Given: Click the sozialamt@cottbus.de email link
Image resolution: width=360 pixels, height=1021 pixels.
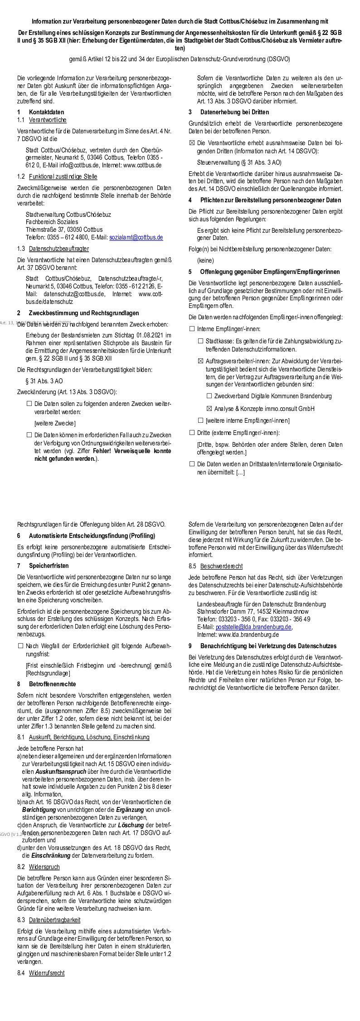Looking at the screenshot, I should pyautogui.click(x=136, y=237).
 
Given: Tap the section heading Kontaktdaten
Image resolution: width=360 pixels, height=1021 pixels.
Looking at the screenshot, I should pyautogui.click(x=46, y=112).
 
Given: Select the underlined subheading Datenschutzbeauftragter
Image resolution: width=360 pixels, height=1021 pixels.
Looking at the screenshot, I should pyautogui.click(x=59, y=249).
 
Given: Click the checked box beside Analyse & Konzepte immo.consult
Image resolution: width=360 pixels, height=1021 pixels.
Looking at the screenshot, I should pyautogui.click(x=209, y=409).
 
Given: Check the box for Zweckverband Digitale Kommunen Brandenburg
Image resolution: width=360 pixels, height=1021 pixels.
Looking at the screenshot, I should pyautogui.click(x=209, y=396).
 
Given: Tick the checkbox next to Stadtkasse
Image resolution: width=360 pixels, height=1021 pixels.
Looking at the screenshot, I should pyautogui.click(x=200, y=341).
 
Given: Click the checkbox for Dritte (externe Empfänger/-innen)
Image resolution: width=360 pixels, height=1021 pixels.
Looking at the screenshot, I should pyautogui.click(x=192, y=433).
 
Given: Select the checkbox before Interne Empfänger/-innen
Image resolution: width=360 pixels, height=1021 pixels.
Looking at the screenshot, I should pyautogui.click(x=192, y=329).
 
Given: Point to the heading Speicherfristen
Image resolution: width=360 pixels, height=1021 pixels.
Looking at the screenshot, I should pyautogui.click(x=49, y=566).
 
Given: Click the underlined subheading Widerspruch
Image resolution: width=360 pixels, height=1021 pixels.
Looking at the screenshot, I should pyautogui.click(x=44, y=867).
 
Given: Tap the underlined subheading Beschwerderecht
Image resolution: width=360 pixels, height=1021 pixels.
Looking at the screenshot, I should pyautogui.click(x=221, y=566).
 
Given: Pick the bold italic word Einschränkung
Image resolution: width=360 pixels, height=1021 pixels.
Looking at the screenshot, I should pyautogui.click(x=50, y=855).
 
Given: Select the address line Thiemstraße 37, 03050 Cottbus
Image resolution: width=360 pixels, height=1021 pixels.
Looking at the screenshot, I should pyautogui.click(x=64, y=230).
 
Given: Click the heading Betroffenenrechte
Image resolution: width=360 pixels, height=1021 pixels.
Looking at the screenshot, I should pyautogui.click(x=53, y=684).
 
